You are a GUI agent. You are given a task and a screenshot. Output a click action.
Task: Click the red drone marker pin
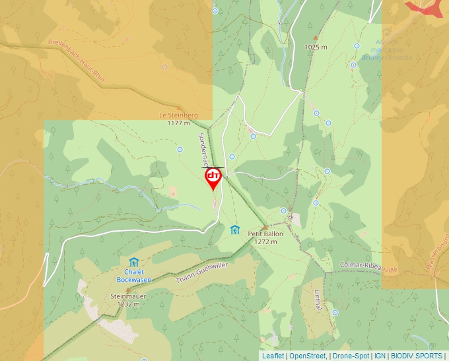click(x=213, y=178)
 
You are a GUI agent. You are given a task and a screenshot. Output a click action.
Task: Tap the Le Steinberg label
click(x=178, y=115)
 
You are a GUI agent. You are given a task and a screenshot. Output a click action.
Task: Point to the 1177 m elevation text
click(x=178, y=123)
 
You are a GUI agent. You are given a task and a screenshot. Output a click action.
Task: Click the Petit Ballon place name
click(x=265, y=234)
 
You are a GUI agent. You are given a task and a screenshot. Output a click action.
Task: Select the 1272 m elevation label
click(x=265, y=242)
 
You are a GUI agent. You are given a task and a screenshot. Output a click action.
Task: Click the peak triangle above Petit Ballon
click(x=265, y=226)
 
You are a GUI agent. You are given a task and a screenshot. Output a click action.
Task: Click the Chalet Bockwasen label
click(x=134, y=275)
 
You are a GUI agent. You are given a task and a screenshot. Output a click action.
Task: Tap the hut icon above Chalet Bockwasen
click(x=134, y=262)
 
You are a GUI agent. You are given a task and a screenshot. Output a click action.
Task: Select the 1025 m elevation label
click(x=316, y=47)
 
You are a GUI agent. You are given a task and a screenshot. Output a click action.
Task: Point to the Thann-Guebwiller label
click(x=201, y=273)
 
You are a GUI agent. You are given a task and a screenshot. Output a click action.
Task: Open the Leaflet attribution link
click(x=273, y=356)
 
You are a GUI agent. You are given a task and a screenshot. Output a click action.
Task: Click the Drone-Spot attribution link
click(x=351, y=356)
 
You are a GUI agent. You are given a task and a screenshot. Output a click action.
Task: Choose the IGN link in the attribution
click(x=380, y=356)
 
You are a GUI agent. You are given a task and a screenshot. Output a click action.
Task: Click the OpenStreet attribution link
click(x=308, y=356)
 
